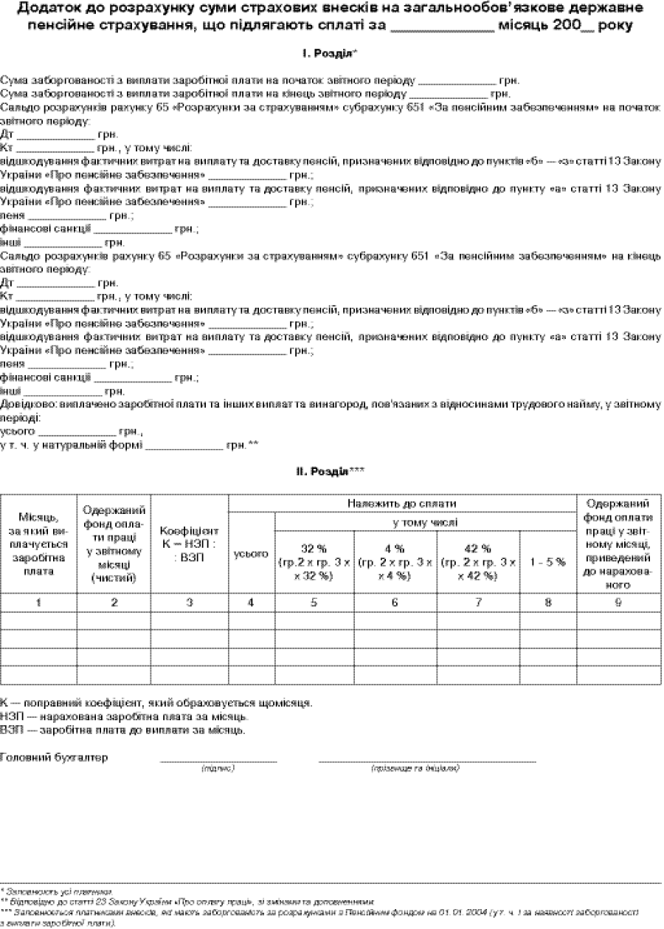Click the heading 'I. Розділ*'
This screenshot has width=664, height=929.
click(x=331, y=54)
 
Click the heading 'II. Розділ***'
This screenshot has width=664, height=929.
click(x=331, y=470)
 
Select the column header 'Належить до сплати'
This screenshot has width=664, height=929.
click(x=403, y=504)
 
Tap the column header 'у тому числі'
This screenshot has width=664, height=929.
click(x=425, y=523)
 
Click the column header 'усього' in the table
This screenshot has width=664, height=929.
click(x=251, y=553)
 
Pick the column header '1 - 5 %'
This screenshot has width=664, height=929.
click(x=548, y=562)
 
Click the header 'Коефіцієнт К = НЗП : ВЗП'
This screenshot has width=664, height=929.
click(x=190, y=544)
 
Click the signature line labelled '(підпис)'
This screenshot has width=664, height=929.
click(x=218, y=760)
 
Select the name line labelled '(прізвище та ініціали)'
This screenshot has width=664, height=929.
click(x=427, y=760)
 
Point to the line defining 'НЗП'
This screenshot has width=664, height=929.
click(x=125, y=716)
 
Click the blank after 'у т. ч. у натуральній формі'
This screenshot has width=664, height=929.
click(x=184, y=447)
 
